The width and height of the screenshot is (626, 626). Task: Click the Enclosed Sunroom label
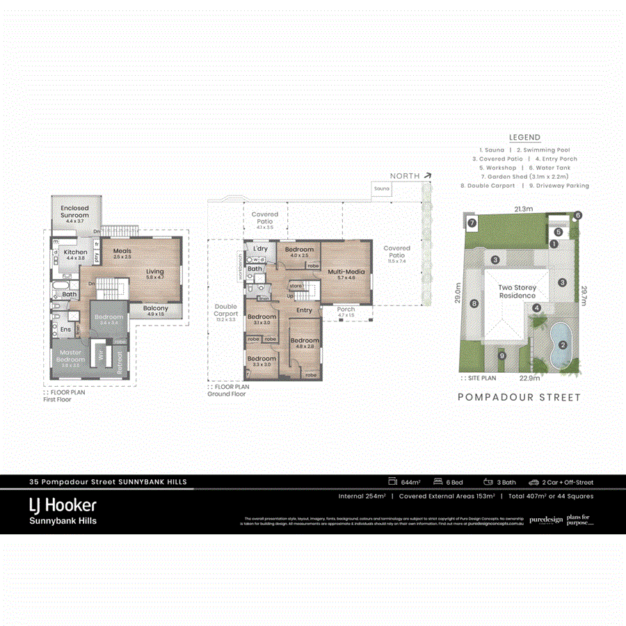point(74,211)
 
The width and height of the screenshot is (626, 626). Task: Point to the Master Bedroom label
point(70,355)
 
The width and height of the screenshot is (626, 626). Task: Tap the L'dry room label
point(260,248)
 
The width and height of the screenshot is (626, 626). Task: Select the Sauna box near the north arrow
point(381,188)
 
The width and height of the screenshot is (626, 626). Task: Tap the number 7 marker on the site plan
point(472,223)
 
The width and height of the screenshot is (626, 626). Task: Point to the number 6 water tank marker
point(577,216)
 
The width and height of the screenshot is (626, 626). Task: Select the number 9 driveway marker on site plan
point(502,356)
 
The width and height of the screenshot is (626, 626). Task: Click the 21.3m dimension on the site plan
point(524,208)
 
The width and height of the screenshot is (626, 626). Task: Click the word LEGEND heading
point(524,138)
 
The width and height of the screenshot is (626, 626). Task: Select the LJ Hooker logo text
point(63,505)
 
